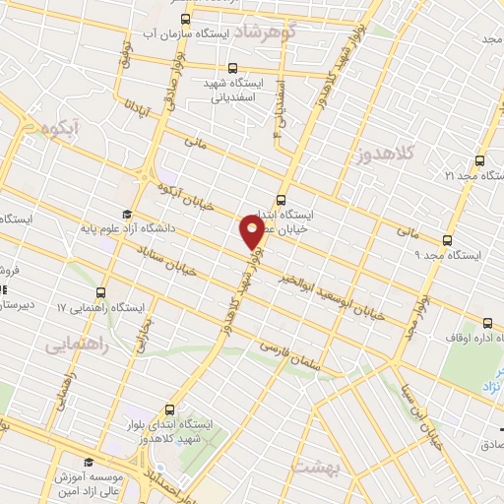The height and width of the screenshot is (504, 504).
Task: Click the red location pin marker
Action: point(252,232)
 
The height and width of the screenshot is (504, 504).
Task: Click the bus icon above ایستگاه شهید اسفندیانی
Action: point(232,68)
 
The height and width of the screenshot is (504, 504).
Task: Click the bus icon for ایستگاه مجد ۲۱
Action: point(479,160)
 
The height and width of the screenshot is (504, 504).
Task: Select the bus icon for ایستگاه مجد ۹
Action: point(448,240)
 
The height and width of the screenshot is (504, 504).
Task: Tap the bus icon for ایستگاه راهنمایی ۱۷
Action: point(100,292)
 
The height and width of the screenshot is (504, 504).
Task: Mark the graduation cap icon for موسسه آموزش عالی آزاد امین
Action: point(88,462)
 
